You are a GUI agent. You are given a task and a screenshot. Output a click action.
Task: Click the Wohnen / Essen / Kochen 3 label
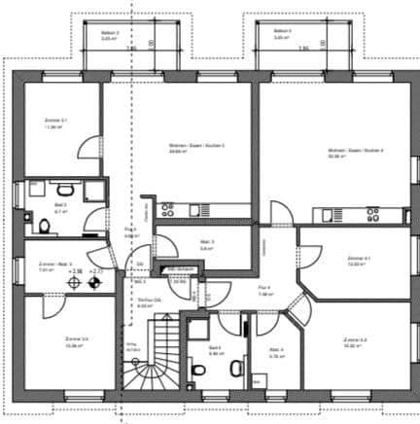coord(183,148)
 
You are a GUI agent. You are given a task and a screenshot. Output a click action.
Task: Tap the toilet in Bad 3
coord(46,227)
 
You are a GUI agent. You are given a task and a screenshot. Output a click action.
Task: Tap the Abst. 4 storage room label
coord(276,352)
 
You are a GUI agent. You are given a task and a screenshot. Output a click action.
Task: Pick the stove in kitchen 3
coord(167,208)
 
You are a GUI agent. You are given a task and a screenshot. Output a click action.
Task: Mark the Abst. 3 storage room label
coord(206,244)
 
